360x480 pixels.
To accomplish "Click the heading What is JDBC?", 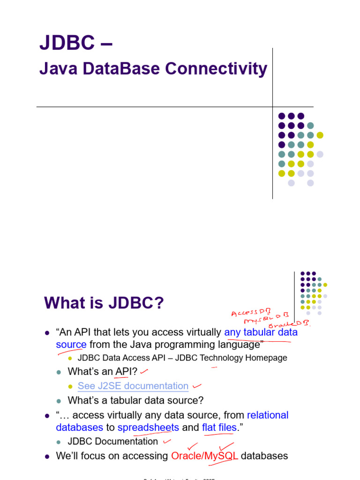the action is pyautogui.click(x=104, y=303).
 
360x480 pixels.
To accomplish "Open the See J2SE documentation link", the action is pyautogui.click(x=133, y=386).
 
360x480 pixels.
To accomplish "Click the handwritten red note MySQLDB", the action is pyautogui.click(x=266, y=318).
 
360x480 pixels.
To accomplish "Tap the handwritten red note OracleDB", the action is pyautogui.click(x=292, y=323).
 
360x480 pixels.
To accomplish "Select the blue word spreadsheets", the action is pyautogui.click(x=148, y=427).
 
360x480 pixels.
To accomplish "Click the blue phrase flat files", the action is pyautogui.click(x=219, y=427).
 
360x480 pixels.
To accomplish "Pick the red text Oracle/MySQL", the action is pyautogui.click(x=204, y=456).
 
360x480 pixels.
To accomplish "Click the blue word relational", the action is pyautogui.click(x=268, y=415).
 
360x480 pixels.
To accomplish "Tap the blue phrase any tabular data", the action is pyautogui.click(x=261, y=332).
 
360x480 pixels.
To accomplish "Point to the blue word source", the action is pyautogui.click(x=71, y=345).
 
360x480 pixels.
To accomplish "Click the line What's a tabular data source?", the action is pyautogui.click(x=135, y=400).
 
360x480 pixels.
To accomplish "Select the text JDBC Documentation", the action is pyautogui.click(x=112, y=441).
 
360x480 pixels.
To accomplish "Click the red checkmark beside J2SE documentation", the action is pyautogui.click(x=197, y=386).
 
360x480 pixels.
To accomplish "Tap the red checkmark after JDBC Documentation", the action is pyautogui.click(x=166, y=441).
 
